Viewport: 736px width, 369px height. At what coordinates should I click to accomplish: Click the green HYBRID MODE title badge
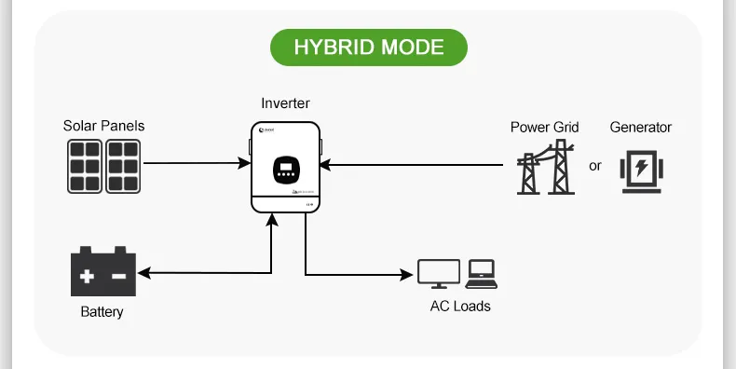(368, 47)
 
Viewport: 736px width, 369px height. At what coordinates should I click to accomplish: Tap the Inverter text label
(286, 103)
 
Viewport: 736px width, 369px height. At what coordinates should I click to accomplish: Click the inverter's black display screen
(286, 171)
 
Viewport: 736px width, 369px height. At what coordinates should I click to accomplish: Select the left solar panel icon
(84, 166)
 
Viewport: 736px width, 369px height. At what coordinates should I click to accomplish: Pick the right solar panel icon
(123, 166)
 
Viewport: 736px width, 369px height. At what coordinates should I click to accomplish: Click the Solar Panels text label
(103, 126)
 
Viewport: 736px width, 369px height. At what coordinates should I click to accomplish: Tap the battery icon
(103, 272)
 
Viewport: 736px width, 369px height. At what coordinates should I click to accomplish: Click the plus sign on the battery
(87, 277)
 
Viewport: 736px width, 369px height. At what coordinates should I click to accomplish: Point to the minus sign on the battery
(119, 277)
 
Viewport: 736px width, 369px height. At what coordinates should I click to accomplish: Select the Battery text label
(102, 312)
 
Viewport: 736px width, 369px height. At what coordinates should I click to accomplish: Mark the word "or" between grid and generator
(595, 167)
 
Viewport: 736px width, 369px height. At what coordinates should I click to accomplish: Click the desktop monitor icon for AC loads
(438, 273)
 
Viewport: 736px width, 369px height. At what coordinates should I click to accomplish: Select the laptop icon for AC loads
(481, 272)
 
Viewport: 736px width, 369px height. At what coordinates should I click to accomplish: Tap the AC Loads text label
(459, 306)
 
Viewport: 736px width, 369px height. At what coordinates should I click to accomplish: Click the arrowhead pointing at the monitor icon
(407, 274)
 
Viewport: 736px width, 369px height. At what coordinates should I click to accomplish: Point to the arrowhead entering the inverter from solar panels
(245, 164)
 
